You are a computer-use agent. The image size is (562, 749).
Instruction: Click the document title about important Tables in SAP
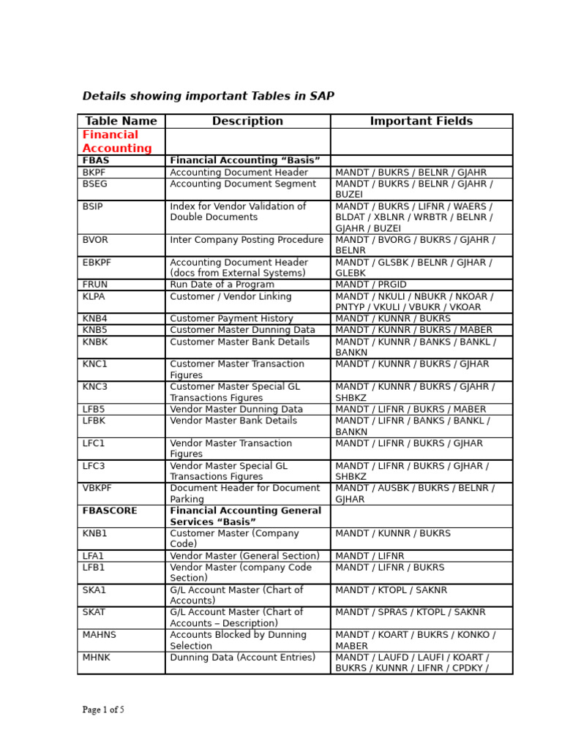[208, 97]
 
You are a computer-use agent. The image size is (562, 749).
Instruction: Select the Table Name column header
[121, 121]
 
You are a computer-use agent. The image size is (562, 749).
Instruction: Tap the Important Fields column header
[421, 121]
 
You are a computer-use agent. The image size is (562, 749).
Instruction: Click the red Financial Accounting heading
[117, 142]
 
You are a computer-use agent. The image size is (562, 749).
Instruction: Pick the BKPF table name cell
[94, 173]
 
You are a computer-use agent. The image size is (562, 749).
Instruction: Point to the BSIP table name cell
[93, 207]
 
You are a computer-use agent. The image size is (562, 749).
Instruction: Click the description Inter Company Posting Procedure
[247, 240]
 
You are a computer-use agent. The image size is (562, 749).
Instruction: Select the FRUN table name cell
[95, 285]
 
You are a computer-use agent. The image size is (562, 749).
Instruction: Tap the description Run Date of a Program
[222, 285]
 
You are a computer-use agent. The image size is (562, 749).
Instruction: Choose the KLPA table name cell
[94, 297]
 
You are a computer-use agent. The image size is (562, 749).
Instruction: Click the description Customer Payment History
[231, 319]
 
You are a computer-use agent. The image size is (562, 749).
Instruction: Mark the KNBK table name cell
[95, 342]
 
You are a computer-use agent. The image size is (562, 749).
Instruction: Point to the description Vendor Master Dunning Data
[236, 410]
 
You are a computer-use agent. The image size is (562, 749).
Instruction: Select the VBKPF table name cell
[97, 488]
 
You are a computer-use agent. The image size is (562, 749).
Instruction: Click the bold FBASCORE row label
[110, 511]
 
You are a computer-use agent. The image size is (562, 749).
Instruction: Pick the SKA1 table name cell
[94, 590]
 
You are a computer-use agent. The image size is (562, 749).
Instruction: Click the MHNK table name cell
[96, 658]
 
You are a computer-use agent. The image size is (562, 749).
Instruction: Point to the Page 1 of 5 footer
[103, 710]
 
